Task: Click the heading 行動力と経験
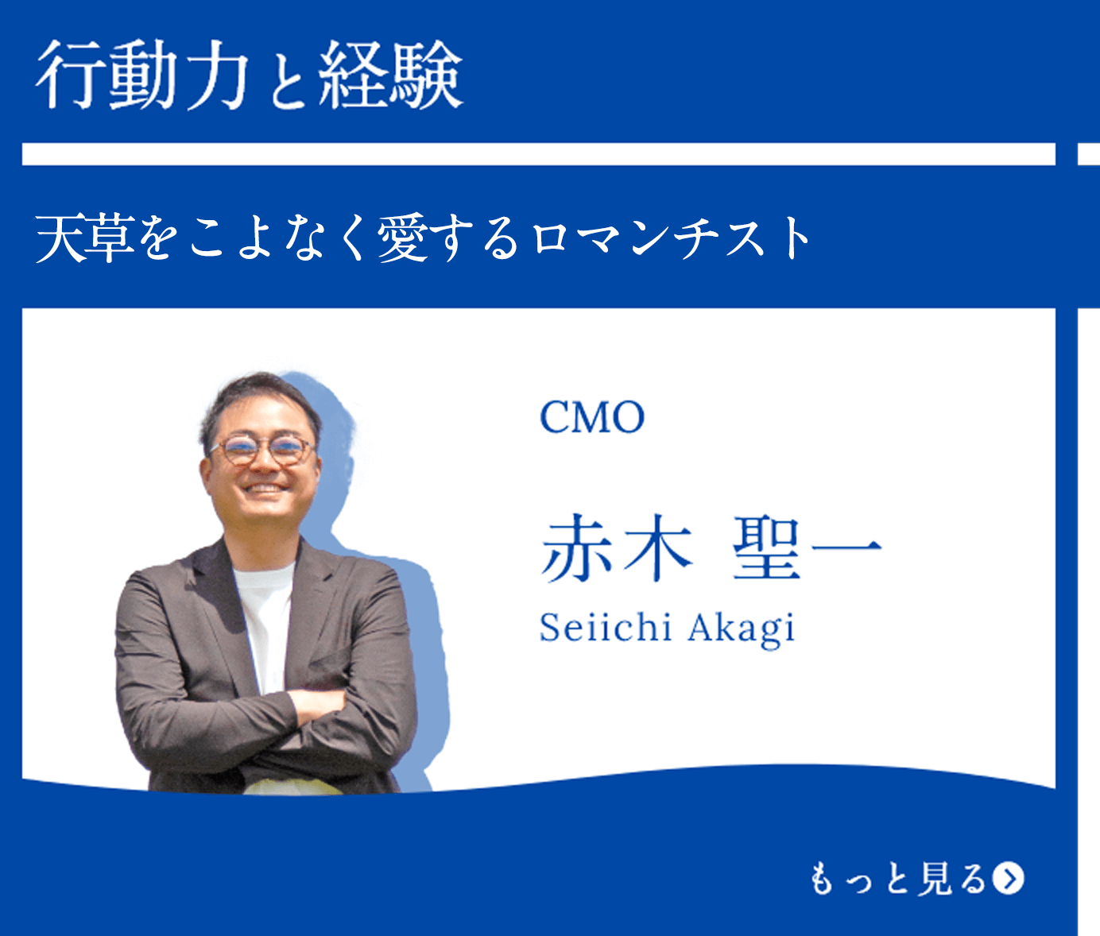(249, 75)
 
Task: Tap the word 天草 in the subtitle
(84, 238)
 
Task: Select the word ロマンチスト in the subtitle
(672, 238)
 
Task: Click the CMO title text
(591, 417)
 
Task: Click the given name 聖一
(806, 548)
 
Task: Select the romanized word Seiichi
(606, 628)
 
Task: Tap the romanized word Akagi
(741, 629)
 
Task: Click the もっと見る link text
(898, 879)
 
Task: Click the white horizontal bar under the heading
(538, 154)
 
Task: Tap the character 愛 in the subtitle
(404, 238)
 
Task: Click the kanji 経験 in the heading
(390, 75)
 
